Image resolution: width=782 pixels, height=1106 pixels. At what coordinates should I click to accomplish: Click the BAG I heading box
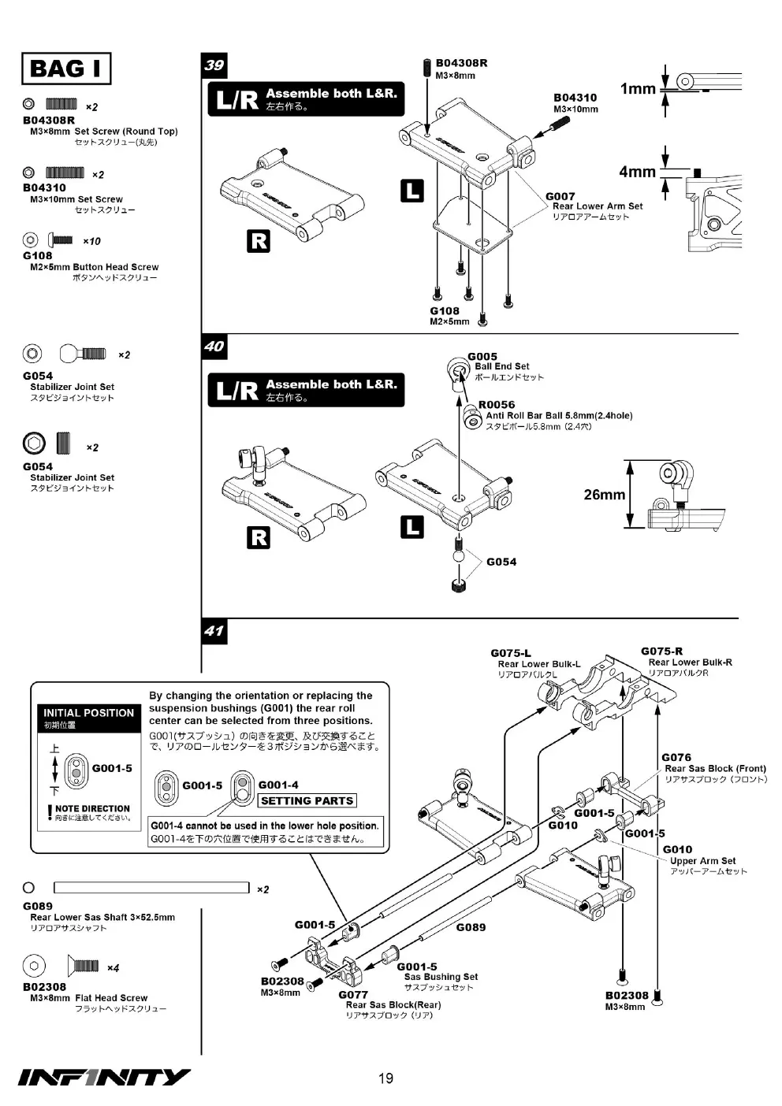pyautogui.click(x=66, y=69)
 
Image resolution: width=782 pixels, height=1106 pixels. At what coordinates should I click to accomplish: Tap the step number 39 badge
pyautogui.click(x=214, y=65)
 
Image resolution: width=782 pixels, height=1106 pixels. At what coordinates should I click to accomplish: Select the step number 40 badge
pyautogui.click(x=214, y=346)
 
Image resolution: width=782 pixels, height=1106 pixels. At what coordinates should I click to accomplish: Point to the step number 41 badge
pyautogui.click(x=214, y=631)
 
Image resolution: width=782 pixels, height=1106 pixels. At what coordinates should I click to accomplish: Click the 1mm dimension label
pyautogui.click(x=638, y=89)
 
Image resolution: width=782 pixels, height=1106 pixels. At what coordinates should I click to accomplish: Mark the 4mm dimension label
pyautogui.click(x=638, y=172)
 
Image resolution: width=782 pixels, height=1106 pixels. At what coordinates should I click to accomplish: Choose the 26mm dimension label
pyautogui.click(x=604, y=494)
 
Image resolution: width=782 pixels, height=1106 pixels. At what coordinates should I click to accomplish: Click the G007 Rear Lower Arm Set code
pyautogui.click(x=560, y=196)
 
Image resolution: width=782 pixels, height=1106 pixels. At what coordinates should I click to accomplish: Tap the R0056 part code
pyautogui.click(x=497, y=404)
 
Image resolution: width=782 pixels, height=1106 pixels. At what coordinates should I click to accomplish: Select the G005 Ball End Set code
pyautogui.click(x=482, y=357)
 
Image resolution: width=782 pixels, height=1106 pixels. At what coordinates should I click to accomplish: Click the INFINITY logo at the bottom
pyautogui.click(x=104, y=1078)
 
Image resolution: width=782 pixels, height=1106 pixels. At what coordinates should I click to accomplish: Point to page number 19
pyautogui.click(x=385, y=1078)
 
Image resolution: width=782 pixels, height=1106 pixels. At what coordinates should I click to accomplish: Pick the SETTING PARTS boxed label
pyautogui.click(x=307, y=800)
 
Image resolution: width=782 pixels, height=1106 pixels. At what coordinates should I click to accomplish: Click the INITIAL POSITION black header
pyautogui.click(x=89, y=718)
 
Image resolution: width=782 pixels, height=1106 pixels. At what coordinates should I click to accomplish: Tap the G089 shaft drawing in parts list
pyautogui.click(x=151, y=888)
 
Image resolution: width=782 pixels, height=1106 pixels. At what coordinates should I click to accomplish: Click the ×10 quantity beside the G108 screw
pyautogui.click(x=91, y=241)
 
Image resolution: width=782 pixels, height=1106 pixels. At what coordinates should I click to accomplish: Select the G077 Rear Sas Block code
pyautogui.click(x=353, y=994)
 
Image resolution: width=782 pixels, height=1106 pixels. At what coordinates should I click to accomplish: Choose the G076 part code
pyautogui.click(x=676, y=757)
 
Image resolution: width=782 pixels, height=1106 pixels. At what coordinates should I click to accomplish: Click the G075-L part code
pyautogui.click(x=511, y=653)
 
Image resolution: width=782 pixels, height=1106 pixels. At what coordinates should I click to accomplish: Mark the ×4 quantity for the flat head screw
pyautogui.click(x=114, y=967)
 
